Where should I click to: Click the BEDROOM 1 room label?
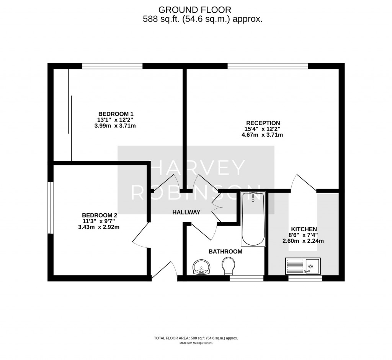[x=116, y=114]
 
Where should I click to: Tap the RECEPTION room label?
[x=263, y=123]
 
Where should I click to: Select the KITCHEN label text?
[x=304, y=229]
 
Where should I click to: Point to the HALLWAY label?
[x=186, y=213]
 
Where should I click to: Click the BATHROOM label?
[x=225, y=252]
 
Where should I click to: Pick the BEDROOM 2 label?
[x=100, y=215]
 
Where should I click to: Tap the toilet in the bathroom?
[x=229, y=267]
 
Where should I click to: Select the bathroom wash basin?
[x=202, y=267]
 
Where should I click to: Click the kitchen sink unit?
[x=303, y=266]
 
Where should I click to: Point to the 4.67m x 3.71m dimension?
[x=262, y=135]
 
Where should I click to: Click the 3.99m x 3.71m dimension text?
[x=115, y=126]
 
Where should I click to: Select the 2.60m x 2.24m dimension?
[x=303, y=241]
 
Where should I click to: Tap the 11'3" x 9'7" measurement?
[x=99, y=221]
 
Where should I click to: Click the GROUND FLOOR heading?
[x=195, y=10]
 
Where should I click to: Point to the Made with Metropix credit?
[x=196, y=343]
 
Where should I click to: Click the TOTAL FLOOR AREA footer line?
[x=196, y=338]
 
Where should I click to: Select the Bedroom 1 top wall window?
[x=112, y=66]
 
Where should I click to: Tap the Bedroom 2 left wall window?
[x=51, y=208]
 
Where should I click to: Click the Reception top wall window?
[x=268, y=66]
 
